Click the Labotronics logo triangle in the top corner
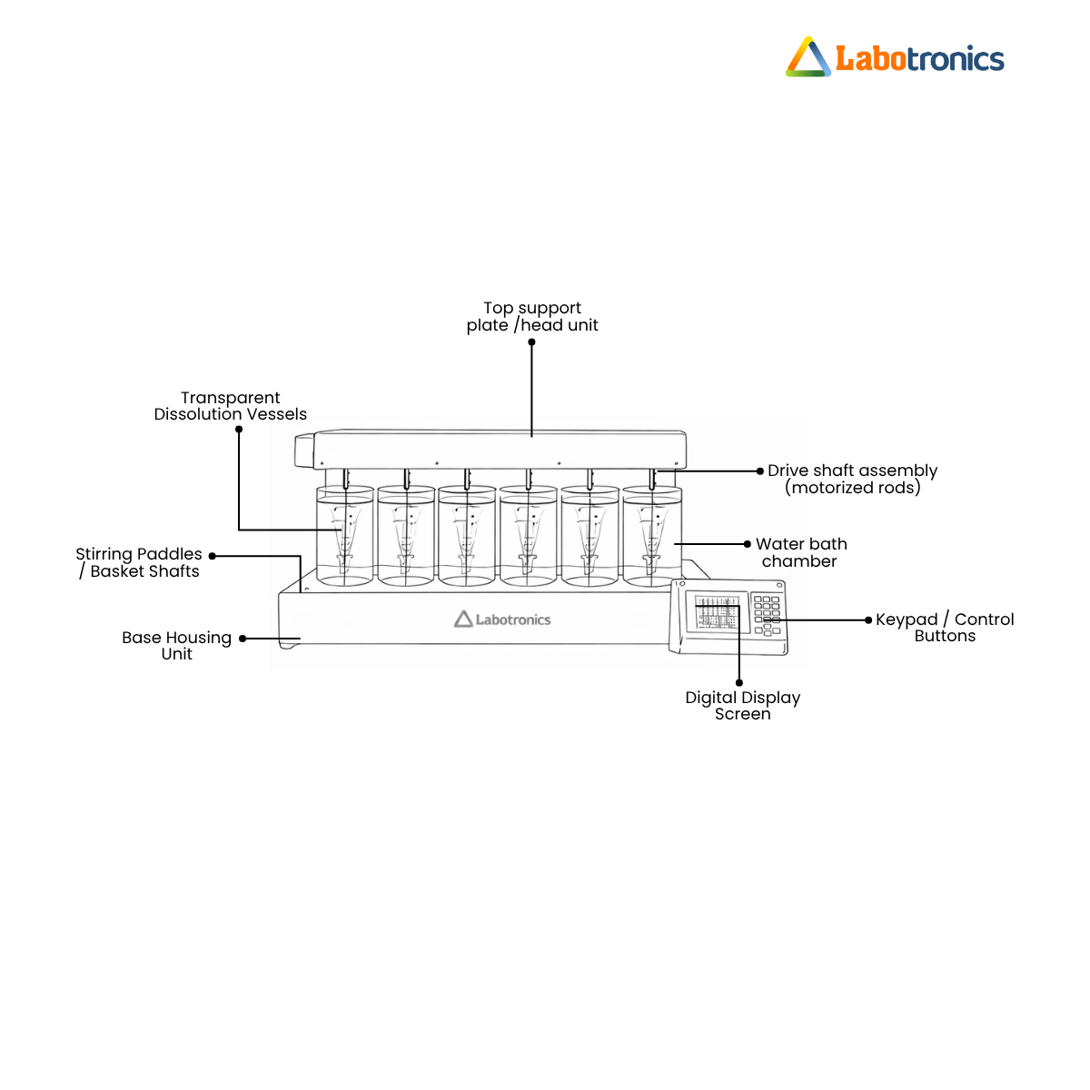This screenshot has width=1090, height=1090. [808, 57]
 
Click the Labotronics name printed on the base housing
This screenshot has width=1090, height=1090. [512, 619]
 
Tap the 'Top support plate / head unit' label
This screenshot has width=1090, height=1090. [531, 316]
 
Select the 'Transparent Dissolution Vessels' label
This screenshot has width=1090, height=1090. [230, 405]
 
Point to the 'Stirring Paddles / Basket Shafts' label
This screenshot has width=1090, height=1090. [139, 562]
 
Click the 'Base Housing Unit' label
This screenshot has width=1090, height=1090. [176, 646]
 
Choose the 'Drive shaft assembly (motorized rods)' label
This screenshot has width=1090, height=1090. [852, 479]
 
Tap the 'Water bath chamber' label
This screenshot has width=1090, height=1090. [801, 552]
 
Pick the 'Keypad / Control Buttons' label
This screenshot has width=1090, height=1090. [945, 628]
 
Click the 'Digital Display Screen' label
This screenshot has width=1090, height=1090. [742, 706]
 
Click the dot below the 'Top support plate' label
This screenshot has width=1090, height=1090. [531, 342]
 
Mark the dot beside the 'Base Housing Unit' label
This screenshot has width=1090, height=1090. [243, 639]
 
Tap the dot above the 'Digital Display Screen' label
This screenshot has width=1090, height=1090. [738, 683]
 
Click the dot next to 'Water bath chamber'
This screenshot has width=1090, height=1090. [748, 544]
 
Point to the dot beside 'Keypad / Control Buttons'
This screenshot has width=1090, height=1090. [868, 620]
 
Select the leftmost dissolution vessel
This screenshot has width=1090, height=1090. [344, 536]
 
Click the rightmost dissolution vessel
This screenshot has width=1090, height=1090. [651, 536]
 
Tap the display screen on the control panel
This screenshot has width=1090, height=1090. [717, 611]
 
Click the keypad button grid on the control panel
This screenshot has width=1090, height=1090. [767, 616]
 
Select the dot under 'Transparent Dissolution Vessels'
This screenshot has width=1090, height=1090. [239, 430]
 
